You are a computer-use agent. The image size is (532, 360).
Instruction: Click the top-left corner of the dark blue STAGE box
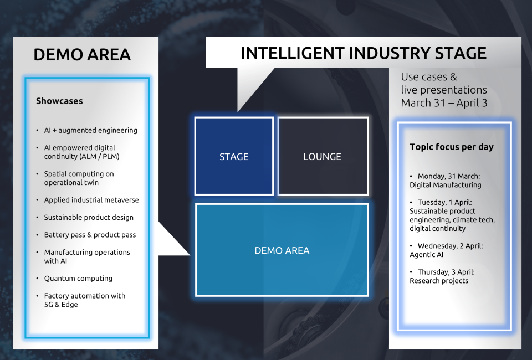pyautogui.click(x=195, y=117)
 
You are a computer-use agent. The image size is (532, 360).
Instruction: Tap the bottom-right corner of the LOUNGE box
pyautogui.click(x=369, y=194)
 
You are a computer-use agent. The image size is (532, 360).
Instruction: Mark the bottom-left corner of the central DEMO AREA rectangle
pyautogui.click(x=196, y=296)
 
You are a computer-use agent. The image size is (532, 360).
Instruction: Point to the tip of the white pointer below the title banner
pyautogui.click(x=238, y=111)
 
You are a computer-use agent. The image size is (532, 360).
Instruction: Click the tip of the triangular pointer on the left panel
pyautogui.click(x=190, y=255)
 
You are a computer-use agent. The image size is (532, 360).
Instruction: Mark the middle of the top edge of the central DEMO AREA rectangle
pyautogui.click(x=282, y=204)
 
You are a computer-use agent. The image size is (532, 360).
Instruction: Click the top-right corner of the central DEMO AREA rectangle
pyautogui.click(x=369, y=204)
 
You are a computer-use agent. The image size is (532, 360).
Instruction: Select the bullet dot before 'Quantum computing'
pyautogui.click(x=37, y=279)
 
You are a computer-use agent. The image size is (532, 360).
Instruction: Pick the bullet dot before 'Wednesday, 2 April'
pyautogui.click(x=411, y=246)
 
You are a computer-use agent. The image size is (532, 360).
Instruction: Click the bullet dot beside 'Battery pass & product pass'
pyautogui.click(x=37, y=235)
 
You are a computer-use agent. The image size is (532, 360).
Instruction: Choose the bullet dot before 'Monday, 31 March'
pyautogui.click(x=411, y=176)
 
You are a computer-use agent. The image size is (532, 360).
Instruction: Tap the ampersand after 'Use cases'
pyautogui.click(x=453, y=77)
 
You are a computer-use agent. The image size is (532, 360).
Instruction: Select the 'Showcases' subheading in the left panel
pyautogui.click(x=59, y=101)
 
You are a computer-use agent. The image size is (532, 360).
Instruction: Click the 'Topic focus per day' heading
pyautogui.click(x=452, y=147)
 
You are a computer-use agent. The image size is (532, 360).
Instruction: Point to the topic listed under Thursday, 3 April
pyautogui.click(x=439, y=281)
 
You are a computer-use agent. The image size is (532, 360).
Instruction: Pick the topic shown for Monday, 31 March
pyautogui.click(x=445, y=185)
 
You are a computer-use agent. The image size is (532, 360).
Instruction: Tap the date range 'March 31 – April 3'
pyautogui.click(x=444, y=102)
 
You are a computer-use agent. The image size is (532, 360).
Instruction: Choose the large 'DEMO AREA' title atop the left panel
pyautogui.click(x=82, y=55)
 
